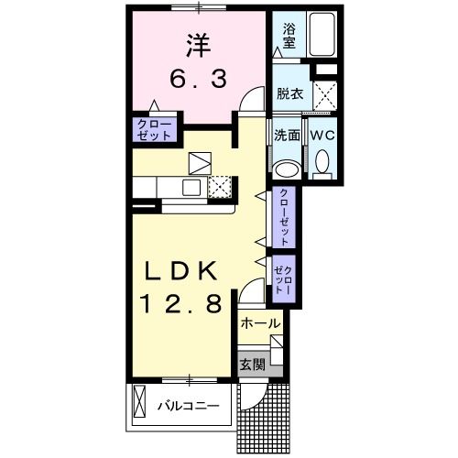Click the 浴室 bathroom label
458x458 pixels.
(289, 36)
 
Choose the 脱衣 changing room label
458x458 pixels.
(289, 93)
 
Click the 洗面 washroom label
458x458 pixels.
(287, 135)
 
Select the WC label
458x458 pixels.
(322, 135)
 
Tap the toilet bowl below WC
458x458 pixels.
(322, 164)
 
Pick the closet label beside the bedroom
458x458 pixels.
(155, 129)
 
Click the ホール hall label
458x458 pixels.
(259, 323)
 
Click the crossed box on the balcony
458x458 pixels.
(140, 404)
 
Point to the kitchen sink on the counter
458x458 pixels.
(191, 188)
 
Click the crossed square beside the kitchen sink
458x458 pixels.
(218, 187)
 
